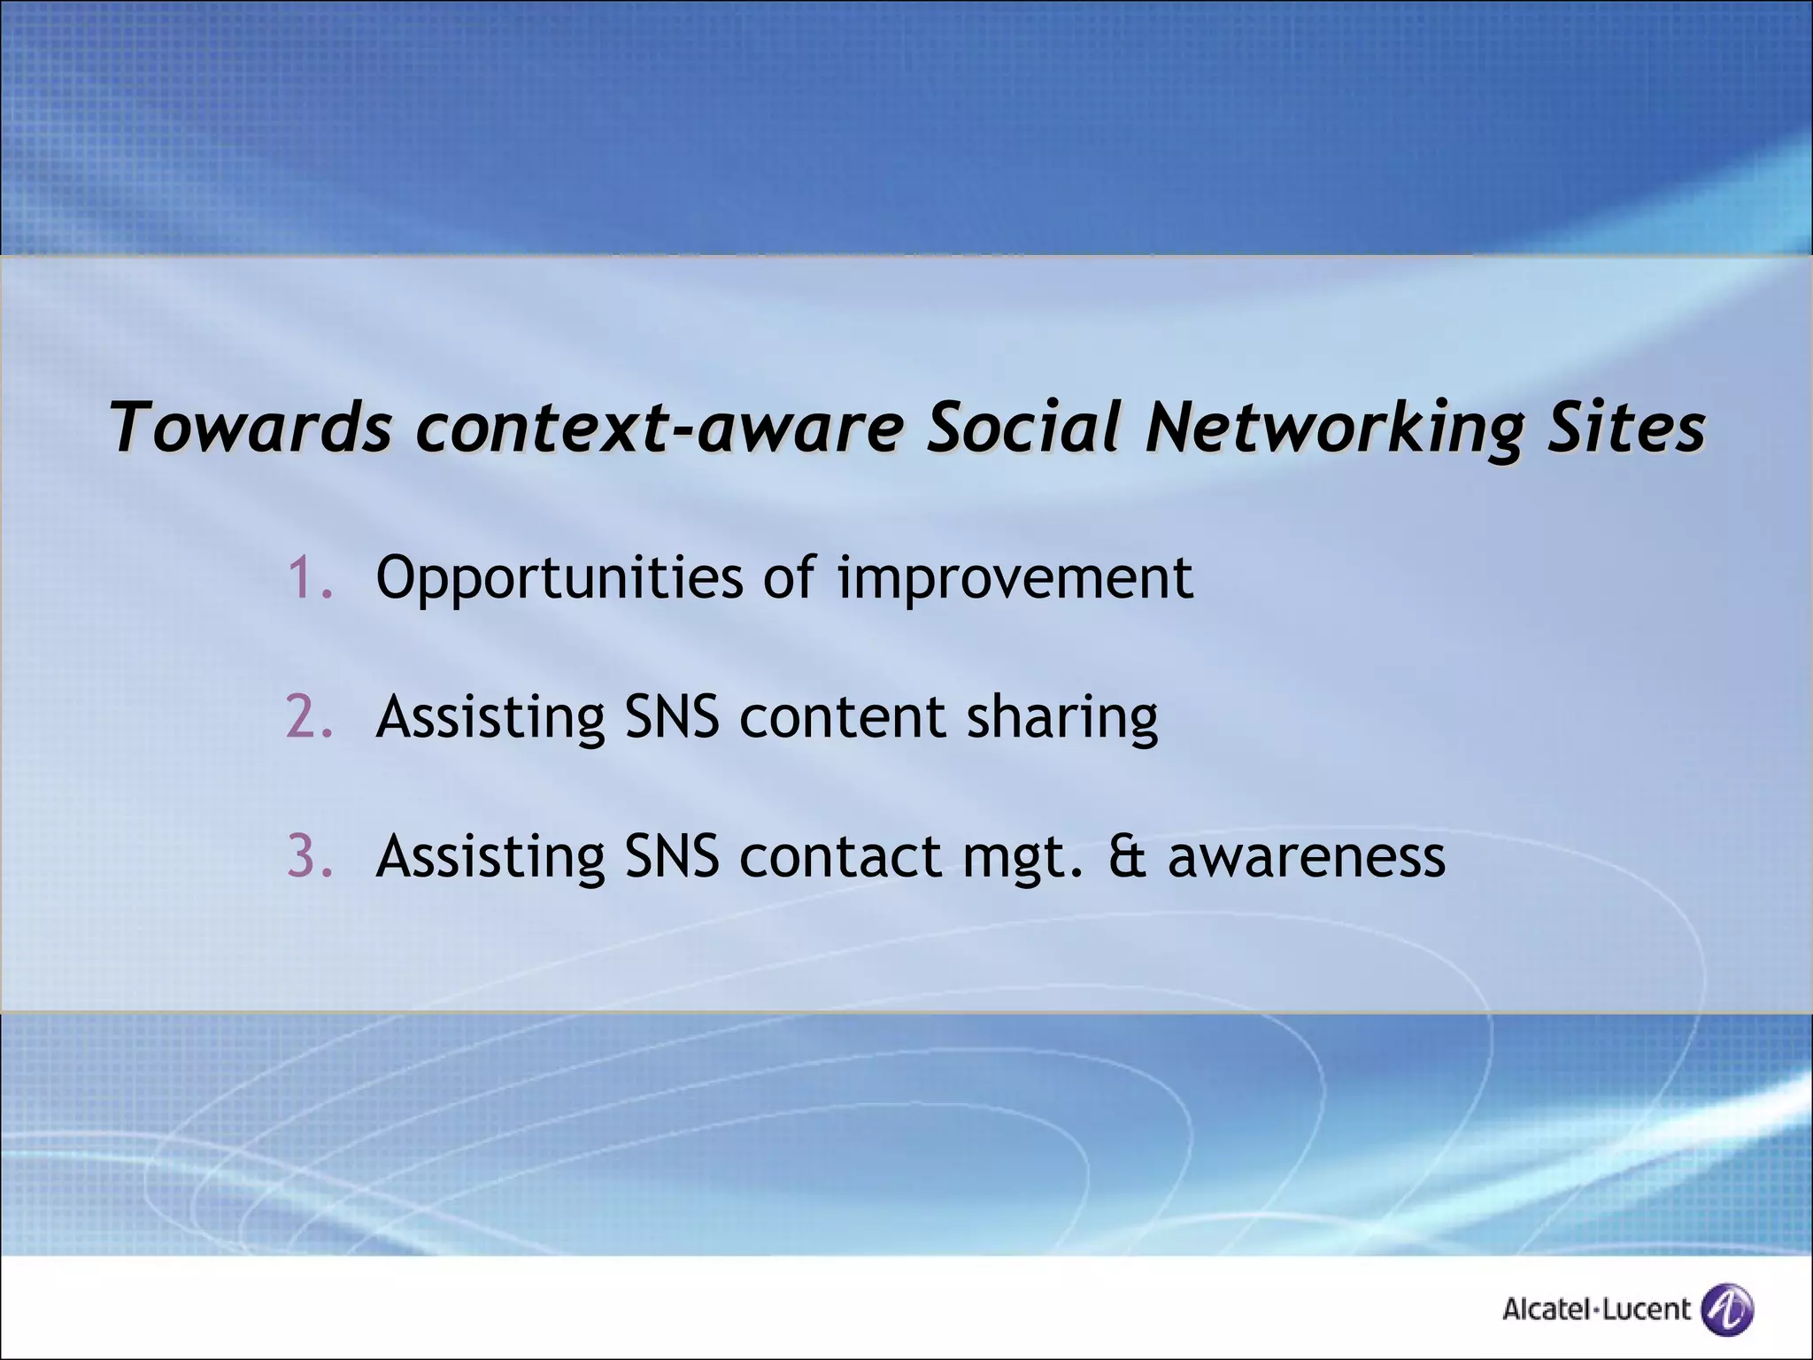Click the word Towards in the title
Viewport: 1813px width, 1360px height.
point(251,428)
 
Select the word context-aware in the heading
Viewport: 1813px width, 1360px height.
point(660,428)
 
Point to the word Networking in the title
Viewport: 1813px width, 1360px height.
point(1333,428)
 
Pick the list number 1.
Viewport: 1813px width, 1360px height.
point(309,578)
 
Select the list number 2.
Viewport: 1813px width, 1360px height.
point(309,716)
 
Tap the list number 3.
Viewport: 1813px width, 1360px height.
point(309,856)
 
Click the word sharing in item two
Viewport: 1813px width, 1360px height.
point(1061,718)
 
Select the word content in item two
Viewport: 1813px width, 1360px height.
point(842,718)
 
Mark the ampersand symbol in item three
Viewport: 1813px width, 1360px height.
point(1127,857)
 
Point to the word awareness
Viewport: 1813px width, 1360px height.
point(1307,857)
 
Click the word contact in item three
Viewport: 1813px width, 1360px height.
point(840,857)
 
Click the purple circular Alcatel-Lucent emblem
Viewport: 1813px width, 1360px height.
point(1728,1309)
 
